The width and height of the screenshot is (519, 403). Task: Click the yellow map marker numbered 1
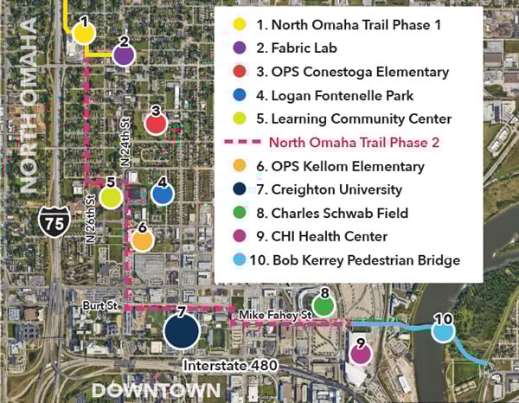click(83, 33)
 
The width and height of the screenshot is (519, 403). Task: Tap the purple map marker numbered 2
click(124, 55)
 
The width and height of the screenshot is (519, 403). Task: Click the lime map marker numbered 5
click(110, 196)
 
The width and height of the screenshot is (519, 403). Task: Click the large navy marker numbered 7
click(182, 329)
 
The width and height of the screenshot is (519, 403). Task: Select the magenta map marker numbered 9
click(360, 354)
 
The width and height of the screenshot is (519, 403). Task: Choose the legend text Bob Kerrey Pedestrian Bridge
click(355, 259)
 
